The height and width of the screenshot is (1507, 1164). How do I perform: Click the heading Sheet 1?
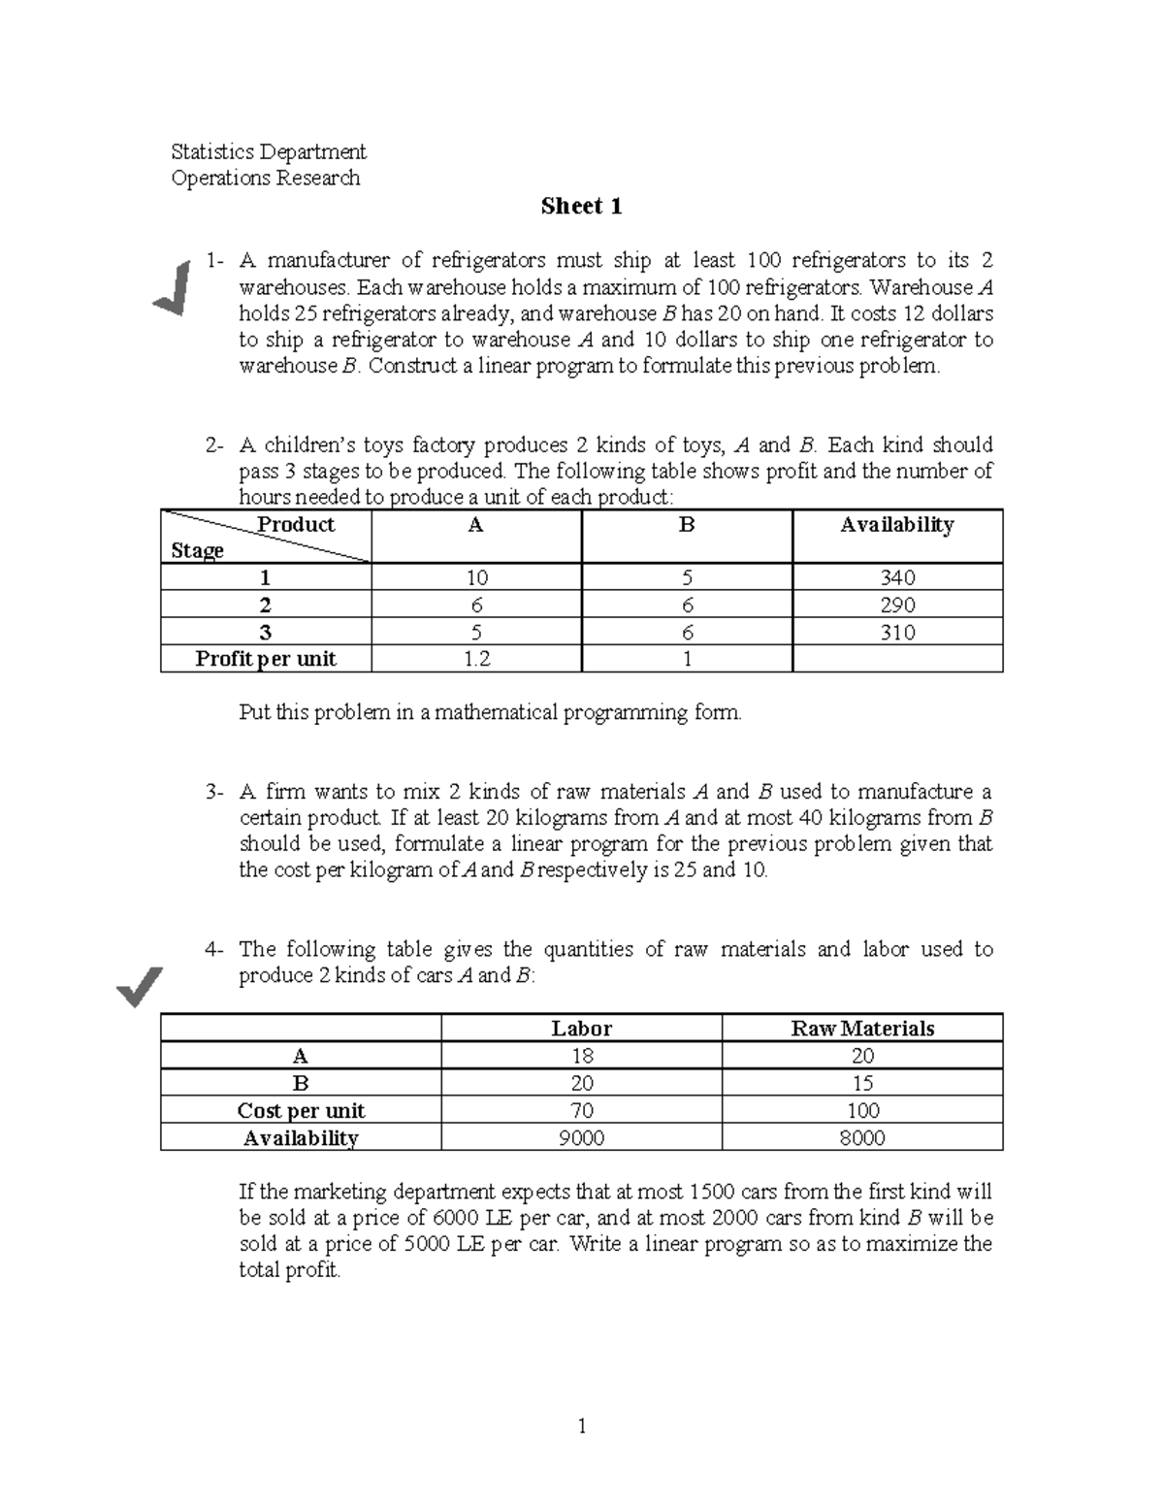coord(581,207)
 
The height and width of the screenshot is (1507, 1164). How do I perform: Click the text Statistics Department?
coord(268,151)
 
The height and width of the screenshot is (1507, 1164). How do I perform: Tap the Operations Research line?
coord(265,178)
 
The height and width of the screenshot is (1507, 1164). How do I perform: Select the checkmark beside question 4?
coord(139,988)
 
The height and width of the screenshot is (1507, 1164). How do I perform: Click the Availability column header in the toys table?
coord(896,525)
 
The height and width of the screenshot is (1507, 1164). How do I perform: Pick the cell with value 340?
coord(896,578)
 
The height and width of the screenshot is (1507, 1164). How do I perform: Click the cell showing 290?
coord(896,606)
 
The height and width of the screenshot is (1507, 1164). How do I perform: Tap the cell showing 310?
coord(896,633)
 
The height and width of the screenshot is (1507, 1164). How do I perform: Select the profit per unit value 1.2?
coord(476,659)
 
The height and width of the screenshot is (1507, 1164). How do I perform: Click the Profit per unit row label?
coord(266,659)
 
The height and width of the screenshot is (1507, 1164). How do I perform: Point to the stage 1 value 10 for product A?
coord(476,578)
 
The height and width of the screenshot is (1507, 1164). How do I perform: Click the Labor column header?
coord(581,1029)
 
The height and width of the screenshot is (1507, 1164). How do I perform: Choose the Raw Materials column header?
coord(862,1029)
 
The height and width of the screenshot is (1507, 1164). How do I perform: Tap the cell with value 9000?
coord(581,1138)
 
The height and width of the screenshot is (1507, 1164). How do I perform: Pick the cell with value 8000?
coord(862,1138)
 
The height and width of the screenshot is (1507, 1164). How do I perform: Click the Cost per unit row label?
coord(301,1111)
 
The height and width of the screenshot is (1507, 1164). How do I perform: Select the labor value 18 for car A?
coord(581,1056)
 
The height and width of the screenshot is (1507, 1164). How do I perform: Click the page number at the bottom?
coord(582,1426)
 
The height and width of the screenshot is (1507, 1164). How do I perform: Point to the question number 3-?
coord(215,792)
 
